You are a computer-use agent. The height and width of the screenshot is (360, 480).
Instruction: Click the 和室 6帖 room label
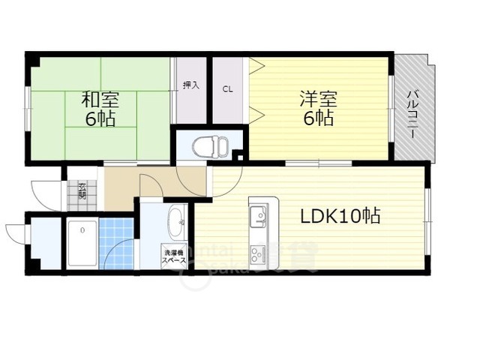click(100, 109)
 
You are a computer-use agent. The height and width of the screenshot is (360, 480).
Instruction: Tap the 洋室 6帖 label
click(318, 108)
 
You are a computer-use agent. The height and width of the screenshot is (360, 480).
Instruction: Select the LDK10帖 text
click(340, 216)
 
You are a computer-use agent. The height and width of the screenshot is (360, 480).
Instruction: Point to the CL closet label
click(227, 88)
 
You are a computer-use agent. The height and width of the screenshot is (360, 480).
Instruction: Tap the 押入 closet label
click(191, 85)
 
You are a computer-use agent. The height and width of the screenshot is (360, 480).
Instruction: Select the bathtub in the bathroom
click(82, 242)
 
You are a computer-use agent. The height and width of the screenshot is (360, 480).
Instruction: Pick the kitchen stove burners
click(258, 253)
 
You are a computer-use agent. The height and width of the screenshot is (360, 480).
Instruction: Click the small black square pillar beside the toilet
click(238, 156)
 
